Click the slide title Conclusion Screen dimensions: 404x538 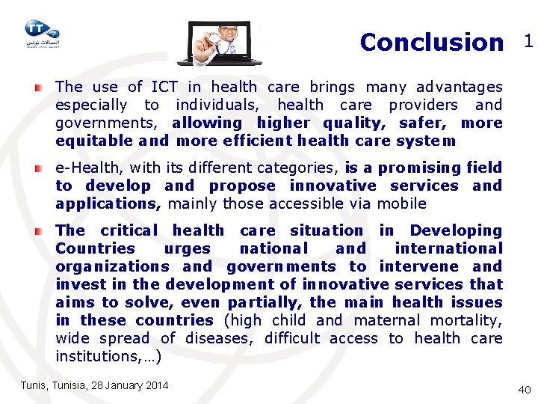[431, 43]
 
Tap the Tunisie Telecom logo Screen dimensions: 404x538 [41, 34]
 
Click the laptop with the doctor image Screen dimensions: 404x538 [220, 43]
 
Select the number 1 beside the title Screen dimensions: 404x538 [528, 42]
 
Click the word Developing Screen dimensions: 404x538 [456, 230]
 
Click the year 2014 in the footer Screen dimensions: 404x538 [155, 385]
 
